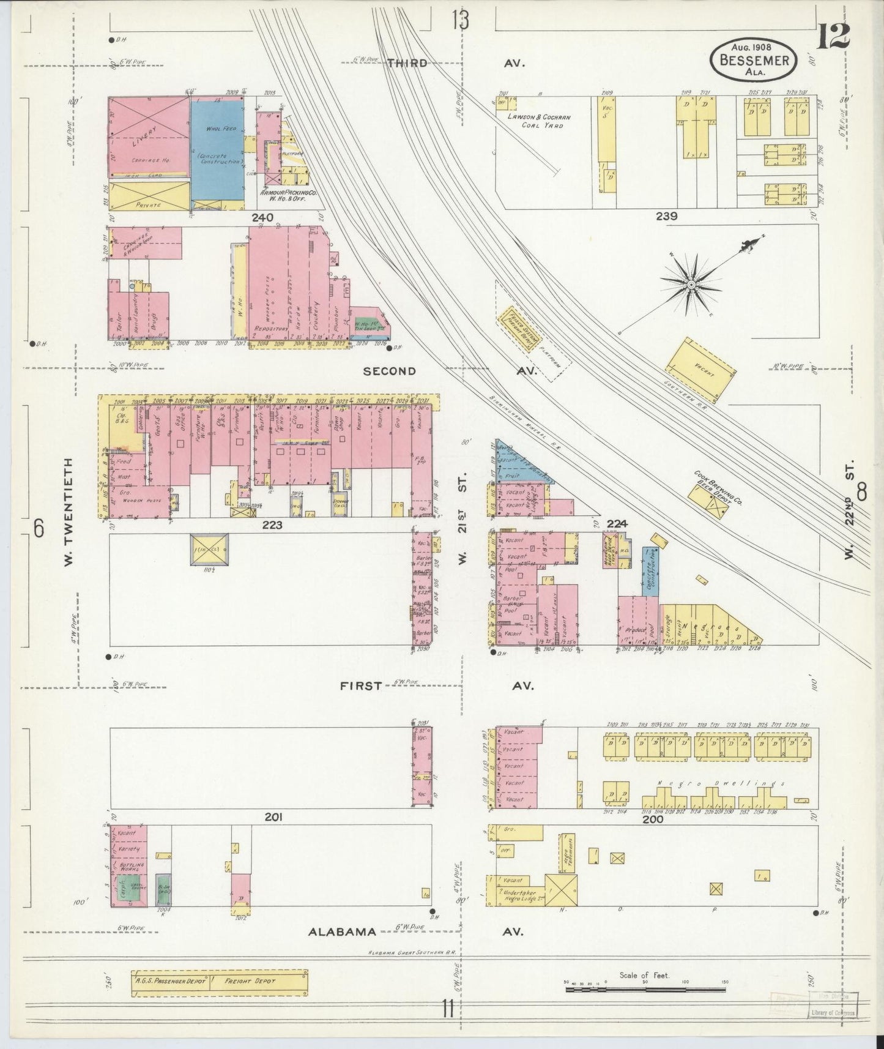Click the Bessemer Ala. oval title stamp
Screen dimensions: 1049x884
(754, 59)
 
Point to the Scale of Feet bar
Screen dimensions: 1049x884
(645, 985)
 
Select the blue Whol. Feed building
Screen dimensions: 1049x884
(218, 153)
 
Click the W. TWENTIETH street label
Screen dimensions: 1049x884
(68, 512)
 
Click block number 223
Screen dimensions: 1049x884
(272, 525)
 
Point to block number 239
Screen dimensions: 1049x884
(666, 216)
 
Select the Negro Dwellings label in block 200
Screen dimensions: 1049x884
(707, 783)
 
